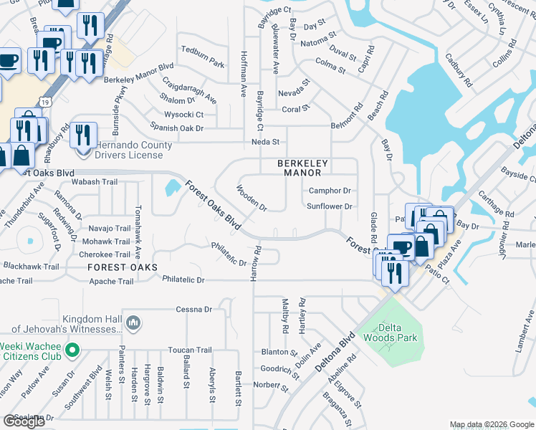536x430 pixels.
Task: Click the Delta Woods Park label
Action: (x=390, y=333)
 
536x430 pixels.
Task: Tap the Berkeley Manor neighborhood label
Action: (x=302, y=168)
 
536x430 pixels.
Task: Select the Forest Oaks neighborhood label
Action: (x=123, y=267)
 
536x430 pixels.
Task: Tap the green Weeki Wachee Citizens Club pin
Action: (x=71, y=350)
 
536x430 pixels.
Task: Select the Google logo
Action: (x=24, y=421)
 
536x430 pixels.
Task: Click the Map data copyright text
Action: (x=491, y=424)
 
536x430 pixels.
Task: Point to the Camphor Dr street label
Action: (x=329, y=191)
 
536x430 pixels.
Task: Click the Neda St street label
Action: (x=265, y=142)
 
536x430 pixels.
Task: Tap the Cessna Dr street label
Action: (x=194, y=310)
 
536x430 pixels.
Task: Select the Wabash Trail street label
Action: (x=94, y=182)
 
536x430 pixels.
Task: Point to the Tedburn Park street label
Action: (x=204, y=49)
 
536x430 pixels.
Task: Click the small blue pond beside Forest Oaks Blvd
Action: (x=172, y=188)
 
